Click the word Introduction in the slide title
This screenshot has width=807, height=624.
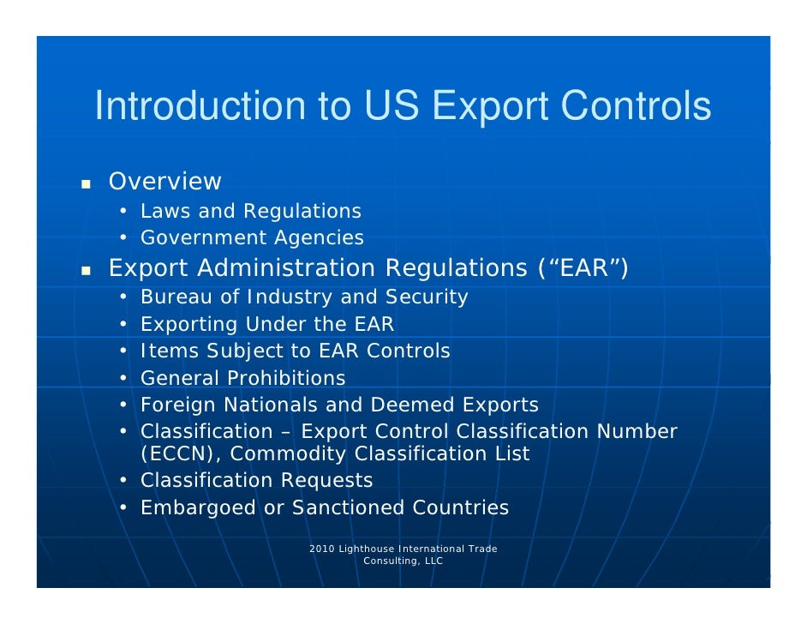pyautogui.click(x=200, y=106)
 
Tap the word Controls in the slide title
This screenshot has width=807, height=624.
pyautogui.click(x=637, y=106)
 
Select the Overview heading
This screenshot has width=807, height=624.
pyautogui.click(x=164, y=182)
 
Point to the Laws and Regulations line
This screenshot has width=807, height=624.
pyautogui.click(x=250, y=211)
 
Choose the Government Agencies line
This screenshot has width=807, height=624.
pyautogui.click(x=252, y=237)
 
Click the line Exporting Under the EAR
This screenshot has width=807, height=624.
pyautogui.click(x=267, y=325)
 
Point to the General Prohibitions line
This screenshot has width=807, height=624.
pyautogui.click(x=242, y=378)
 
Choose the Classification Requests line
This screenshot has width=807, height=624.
pyautogui.click(x=256, y=480)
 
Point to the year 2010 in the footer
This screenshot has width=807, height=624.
pyautogui.click(x=321, y=549)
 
